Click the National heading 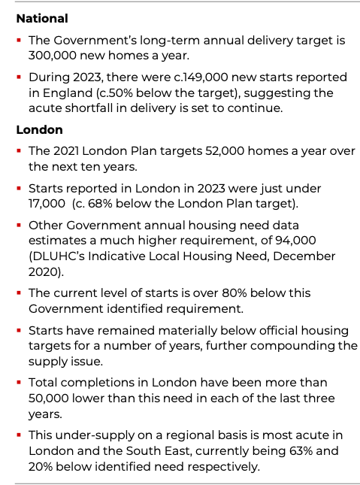[x=42, y=18]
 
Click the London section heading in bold [x=39, y=130]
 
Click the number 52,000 [x=228, y=151]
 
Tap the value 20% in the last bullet [x=43, y=465]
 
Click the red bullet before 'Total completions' [x=19, y=383]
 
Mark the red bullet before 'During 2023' [x=19, y=77]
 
